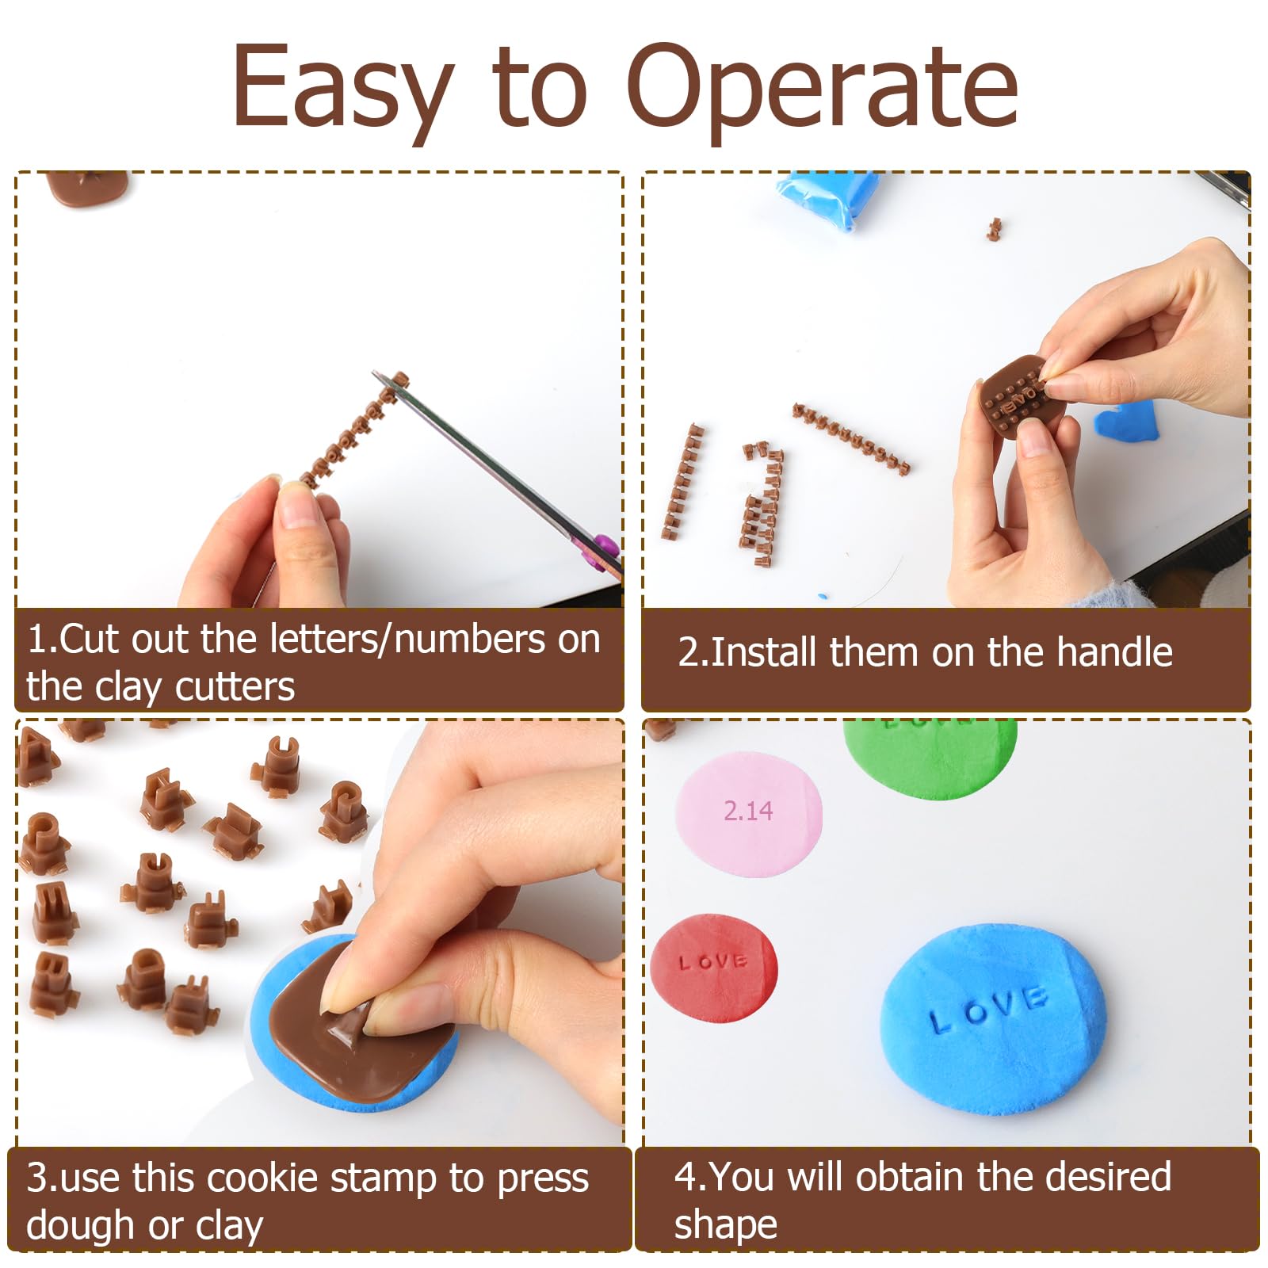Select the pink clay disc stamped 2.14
click(x=749, y=815)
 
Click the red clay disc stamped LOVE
click(x=713, y=968)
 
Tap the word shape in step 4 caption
click(x=725, y=1225)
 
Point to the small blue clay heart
click(x=1126, y=419)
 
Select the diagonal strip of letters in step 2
click(x=850, y=437)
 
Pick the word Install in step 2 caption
click(x=763, y=652)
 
